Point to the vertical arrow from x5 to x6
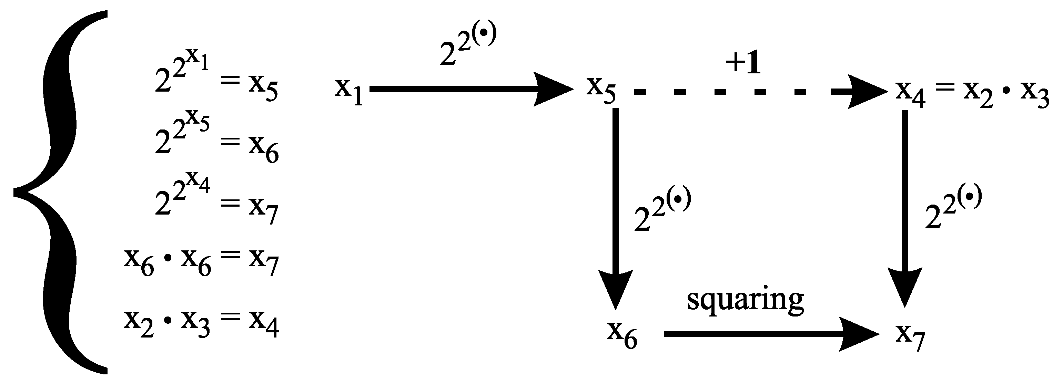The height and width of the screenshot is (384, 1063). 615,206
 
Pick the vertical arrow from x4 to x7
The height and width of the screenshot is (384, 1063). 904,206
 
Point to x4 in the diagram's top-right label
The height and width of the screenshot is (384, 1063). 910,95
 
